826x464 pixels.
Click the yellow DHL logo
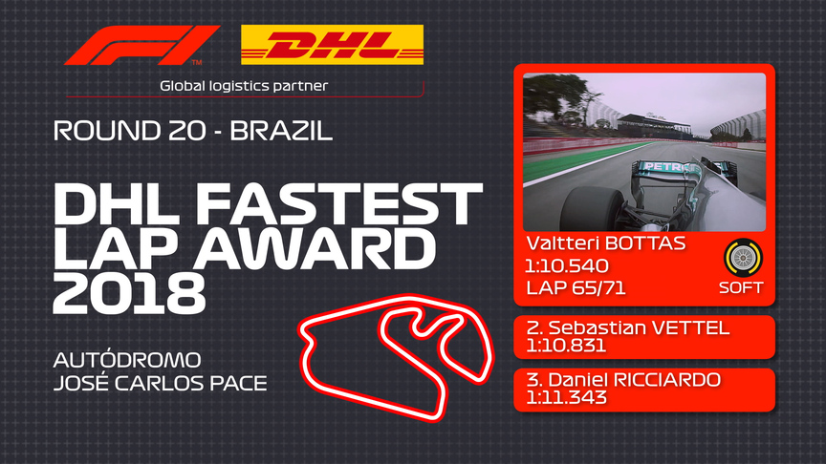(x=332, y=44)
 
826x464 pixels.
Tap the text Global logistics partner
(x=244, y=86)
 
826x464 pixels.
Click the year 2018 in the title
(x=129, y=294)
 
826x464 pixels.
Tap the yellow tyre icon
(x=742, y=258)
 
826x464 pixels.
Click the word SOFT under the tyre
(x=742, y=287)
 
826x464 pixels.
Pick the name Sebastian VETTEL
(x=628, y=328)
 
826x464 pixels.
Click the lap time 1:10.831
(x=567, y=347)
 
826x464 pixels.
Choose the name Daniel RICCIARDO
(x=623, y=380)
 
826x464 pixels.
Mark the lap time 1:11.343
(x=567, y=398)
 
